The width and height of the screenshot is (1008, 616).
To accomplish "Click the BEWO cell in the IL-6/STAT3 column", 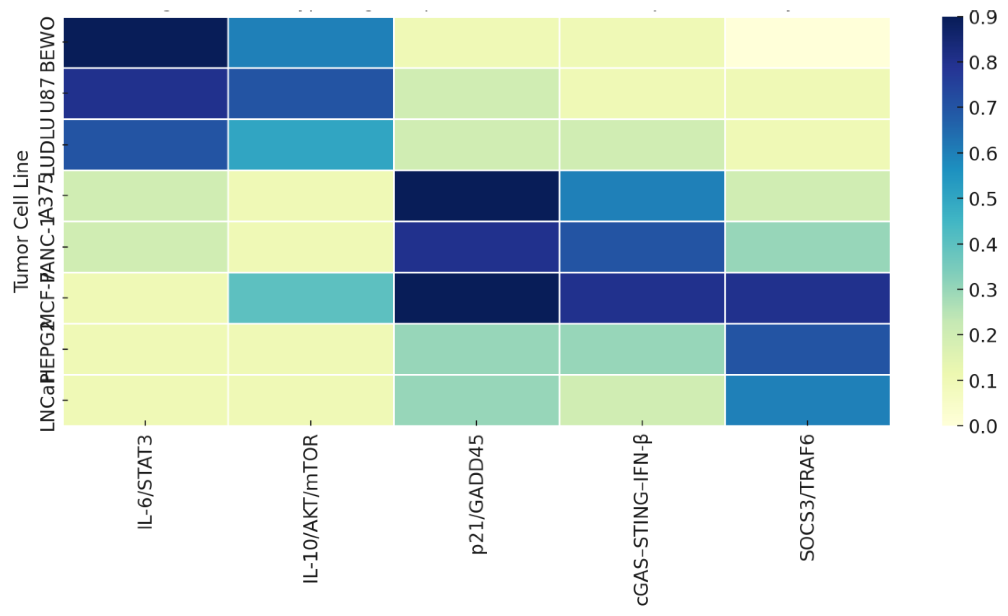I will [x=145, y=42].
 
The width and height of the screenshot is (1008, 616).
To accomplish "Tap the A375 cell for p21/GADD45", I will [x=476, y=195].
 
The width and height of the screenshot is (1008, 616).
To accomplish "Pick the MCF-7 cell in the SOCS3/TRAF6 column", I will [x=807, y=298].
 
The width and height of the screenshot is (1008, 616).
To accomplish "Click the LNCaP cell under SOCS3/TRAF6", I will [x=807, y=400].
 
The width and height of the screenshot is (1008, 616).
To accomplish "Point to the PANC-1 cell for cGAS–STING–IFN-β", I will [x=642, y=247].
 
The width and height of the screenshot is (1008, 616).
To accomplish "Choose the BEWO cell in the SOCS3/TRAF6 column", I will [x=807, y=42].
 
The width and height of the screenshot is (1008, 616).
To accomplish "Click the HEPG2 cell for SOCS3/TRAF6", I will [x=807, y=349].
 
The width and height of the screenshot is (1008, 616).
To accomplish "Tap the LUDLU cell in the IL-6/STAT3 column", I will [x=145, y=144].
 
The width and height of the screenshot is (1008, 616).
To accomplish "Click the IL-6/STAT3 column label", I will [x=145, y=483].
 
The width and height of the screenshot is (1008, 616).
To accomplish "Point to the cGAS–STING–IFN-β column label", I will [x=642, y=520].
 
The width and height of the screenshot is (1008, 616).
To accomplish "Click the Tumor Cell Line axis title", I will [x=21, y=221].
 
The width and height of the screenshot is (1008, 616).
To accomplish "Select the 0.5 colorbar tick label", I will [x=982, y=199].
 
